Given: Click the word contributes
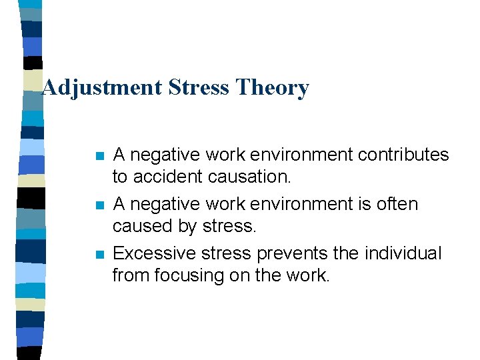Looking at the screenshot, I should pyautogui.click(x=404, y=155).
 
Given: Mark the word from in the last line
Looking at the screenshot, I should pyautogui.click(x=129, y=275).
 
